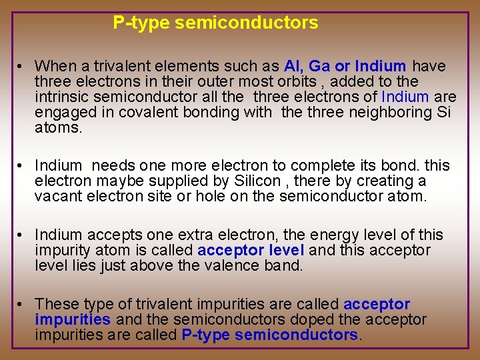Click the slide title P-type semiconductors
pyautogui.click(x=215, y=23)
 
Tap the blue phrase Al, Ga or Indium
pyautogui.click(x=345, y=66)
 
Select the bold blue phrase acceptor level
pyautogui.click(x=251, y=251)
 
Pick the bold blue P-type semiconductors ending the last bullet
pyautogui.click(x=269, y=335)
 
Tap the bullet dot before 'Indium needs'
pyautogui.click(x=22, y=165)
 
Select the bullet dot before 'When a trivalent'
pyautogui.click(x=22, y=66)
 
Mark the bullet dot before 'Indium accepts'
pyautogui.click(x=22, y=235)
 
